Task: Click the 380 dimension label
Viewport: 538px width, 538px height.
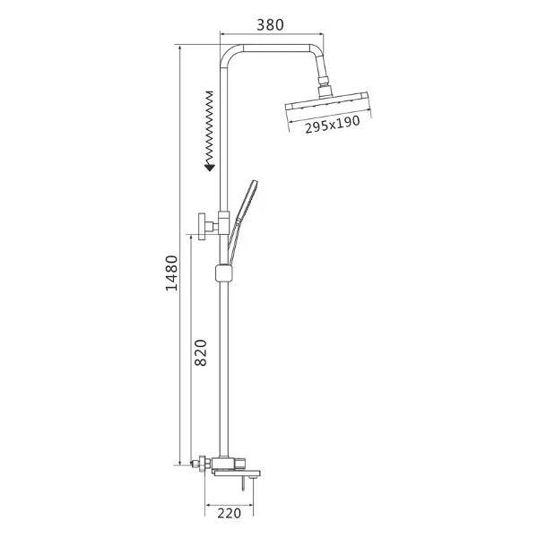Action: (x=271, y=25)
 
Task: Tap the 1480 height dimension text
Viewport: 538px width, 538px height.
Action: (x=172, y=273)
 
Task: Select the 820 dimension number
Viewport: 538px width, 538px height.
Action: (x=201, y=352)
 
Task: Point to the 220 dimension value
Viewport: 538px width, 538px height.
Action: (x=230, y=513)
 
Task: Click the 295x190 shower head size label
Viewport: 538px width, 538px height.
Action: (x=333, y=125)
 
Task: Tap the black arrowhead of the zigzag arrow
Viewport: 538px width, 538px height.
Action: (x=209, y=167)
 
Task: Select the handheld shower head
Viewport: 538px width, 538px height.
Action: (x=247, y=201)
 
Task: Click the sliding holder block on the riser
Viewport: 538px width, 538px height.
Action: (x=224, y=273)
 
